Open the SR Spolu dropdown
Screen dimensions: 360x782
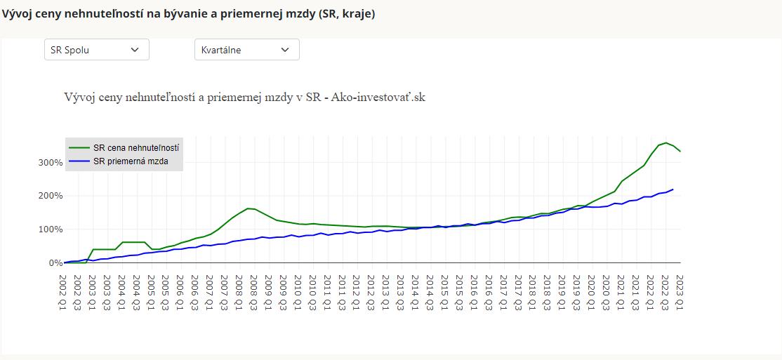96,50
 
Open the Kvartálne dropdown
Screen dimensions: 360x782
246,50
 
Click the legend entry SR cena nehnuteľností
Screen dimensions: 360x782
135,148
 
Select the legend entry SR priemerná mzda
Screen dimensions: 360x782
130,161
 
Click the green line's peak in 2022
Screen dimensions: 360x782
665,142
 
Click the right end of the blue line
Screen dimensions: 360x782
673,189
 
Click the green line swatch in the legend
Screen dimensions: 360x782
79,148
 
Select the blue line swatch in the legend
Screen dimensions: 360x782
79,161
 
